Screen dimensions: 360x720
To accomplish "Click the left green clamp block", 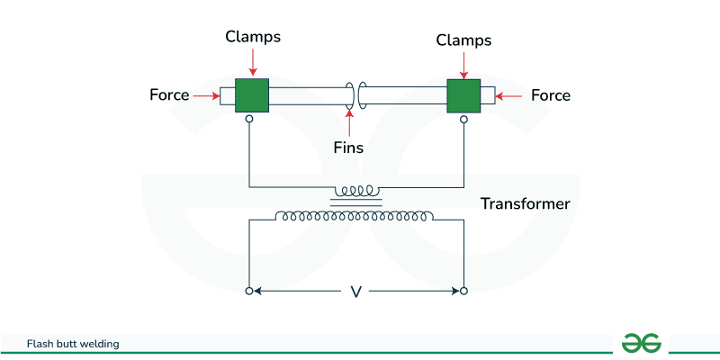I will [252, 94].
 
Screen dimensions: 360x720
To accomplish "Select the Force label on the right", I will [551, 94].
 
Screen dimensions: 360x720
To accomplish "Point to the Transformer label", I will [526, 203].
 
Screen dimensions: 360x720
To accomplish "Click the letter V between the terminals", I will [355, 292].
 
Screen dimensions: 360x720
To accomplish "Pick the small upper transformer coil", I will [357, 192].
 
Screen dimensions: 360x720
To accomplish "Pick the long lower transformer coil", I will [356, 217].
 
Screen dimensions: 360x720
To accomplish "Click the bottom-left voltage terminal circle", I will [249, 291].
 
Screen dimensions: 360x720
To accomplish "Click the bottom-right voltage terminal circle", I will [463, 291].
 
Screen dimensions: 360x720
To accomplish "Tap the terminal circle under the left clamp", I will [249, 118].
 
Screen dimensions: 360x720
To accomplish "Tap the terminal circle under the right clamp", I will [463, 118].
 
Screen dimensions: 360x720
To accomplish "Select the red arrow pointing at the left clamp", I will [253, 62].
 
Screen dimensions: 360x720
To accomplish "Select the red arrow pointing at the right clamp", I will [463, 65].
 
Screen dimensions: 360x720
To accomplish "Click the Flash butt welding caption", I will [73, 344].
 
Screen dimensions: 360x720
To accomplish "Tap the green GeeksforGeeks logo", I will [642, 343].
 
